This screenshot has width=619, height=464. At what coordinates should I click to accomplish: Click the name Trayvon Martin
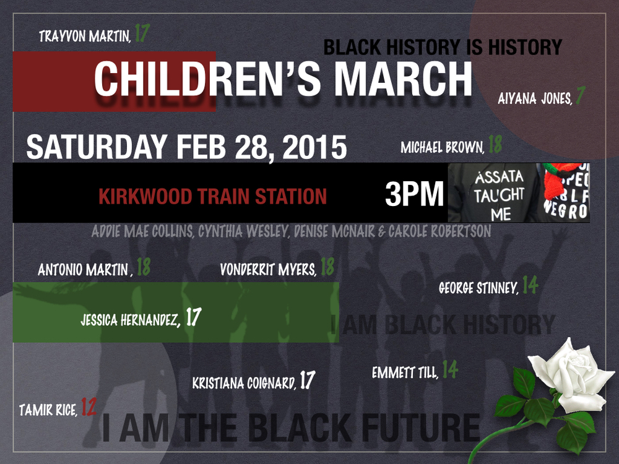pyautogui.click(x=84, y=36)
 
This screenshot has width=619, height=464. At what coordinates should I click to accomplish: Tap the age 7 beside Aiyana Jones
pyautogui.click(x=580, y=97)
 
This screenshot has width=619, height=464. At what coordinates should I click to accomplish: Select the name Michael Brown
pyautogui.click(x=442, y=148)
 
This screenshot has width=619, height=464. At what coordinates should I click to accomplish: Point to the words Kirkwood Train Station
pyautogui.click(x=212, y=197)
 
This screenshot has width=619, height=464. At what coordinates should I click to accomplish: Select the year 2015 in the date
pyautogui.click(x=314, y=148)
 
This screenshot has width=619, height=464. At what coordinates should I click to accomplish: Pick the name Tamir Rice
pyautogui.click(x=48, y=410)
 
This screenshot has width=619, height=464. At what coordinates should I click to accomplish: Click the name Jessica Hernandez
pyautogui.click(x=131, y=320)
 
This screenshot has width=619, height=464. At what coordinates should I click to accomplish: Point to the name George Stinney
pyautogui.click(x=478, y=288)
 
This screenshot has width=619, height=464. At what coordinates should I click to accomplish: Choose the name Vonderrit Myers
pyautogui.click(x=268, y=270)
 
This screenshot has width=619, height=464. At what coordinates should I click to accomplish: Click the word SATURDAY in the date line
pyautogui.click(x=97, y=148)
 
